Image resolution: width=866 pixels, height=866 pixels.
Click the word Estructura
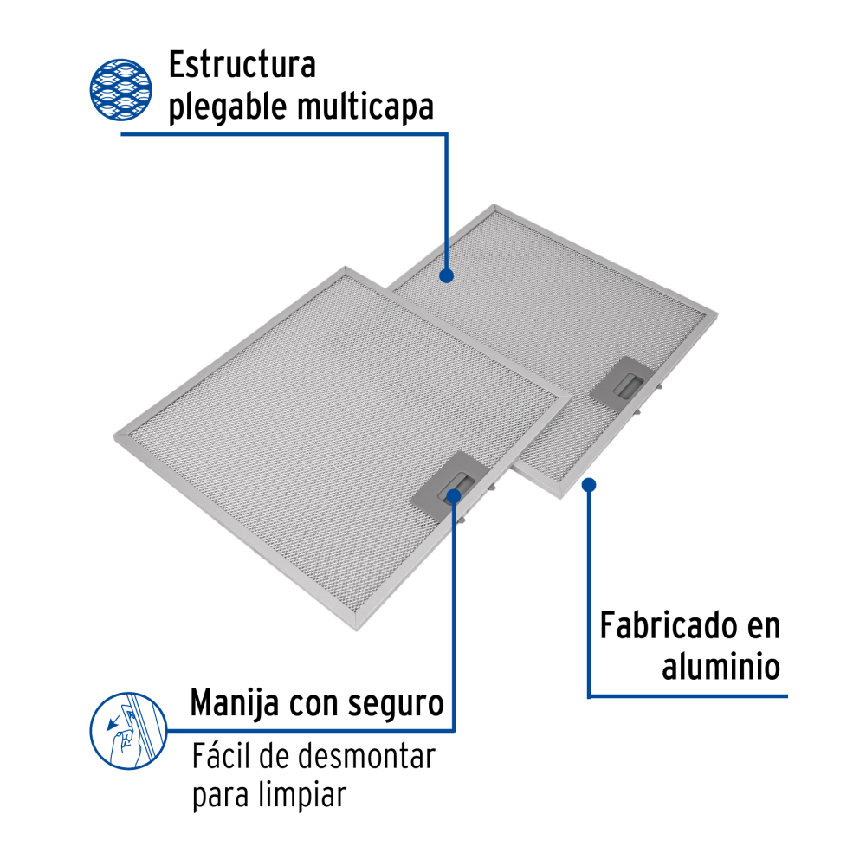point(242,65)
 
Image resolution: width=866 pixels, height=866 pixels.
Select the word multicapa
point(365,107)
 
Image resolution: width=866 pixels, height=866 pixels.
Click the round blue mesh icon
point(121,89)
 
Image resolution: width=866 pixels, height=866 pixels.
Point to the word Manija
point(235,703)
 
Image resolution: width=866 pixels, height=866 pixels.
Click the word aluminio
point(721,666)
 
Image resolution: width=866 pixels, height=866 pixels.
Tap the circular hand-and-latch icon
point(129,731)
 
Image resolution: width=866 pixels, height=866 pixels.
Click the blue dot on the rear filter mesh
point(446,275)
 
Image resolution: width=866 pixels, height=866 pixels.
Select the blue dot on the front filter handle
point(454,496)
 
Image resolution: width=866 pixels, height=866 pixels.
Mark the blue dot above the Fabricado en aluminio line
point(589,485)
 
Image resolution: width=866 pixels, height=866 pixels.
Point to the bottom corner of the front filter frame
point(357,630)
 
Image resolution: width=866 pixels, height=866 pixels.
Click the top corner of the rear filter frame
point(494,205)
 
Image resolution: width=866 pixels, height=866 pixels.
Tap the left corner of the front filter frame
point(114,438)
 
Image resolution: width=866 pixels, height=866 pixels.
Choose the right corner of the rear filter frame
point(717,313)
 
